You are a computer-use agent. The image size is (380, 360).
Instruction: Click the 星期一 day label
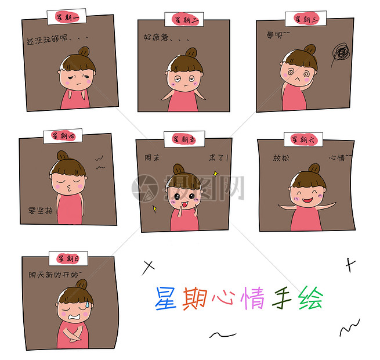coord(69,17)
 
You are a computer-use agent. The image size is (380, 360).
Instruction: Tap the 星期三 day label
coord(306,19)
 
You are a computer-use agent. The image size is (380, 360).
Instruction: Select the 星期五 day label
coord(183,139)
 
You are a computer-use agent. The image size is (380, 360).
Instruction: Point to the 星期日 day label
coord(68,258)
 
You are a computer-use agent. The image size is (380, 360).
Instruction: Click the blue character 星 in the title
coord(165,298)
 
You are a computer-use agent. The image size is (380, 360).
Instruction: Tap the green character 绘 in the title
coord(310,298)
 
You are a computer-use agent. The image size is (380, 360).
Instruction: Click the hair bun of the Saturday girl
coord(314,168)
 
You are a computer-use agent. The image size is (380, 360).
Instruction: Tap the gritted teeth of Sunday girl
coord(74,317)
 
